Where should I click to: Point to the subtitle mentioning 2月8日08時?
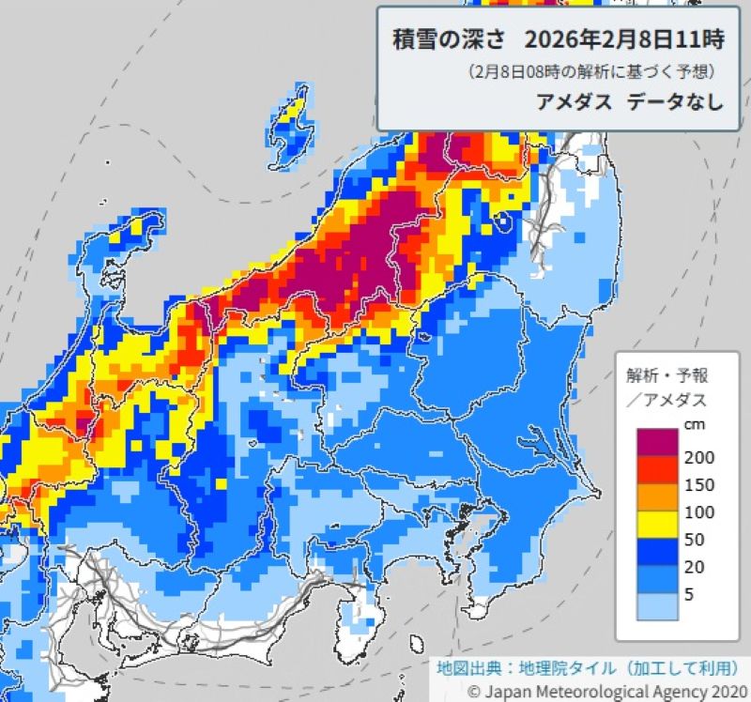coord(592,72)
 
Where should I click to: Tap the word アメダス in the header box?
coord(570,102)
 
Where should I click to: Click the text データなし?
coord(672,102)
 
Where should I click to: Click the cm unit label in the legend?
coord(694,424)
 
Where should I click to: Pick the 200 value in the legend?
coord(700,457)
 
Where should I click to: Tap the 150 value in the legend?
coord(700,485)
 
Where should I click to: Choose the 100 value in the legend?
coord(700,513)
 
